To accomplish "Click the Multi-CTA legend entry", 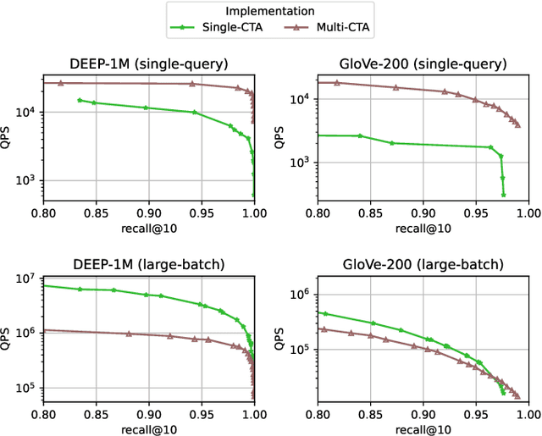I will click(x=327, y=28).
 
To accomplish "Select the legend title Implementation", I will click(x=270, y=11).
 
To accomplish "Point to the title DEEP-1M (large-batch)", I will click(x=147, y=264).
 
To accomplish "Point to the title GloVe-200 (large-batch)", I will click(x=423, y=264).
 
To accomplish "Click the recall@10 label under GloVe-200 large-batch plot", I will click(x=423, y=428).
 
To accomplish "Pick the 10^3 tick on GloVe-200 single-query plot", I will click(x=301, y=163).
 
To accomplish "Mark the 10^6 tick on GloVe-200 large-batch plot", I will click(x=301, y=294).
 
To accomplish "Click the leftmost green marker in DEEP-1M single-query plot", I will click(x=80, y=100).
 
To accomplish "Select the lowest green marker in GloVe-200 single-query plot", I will click(x=503, y=195).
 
